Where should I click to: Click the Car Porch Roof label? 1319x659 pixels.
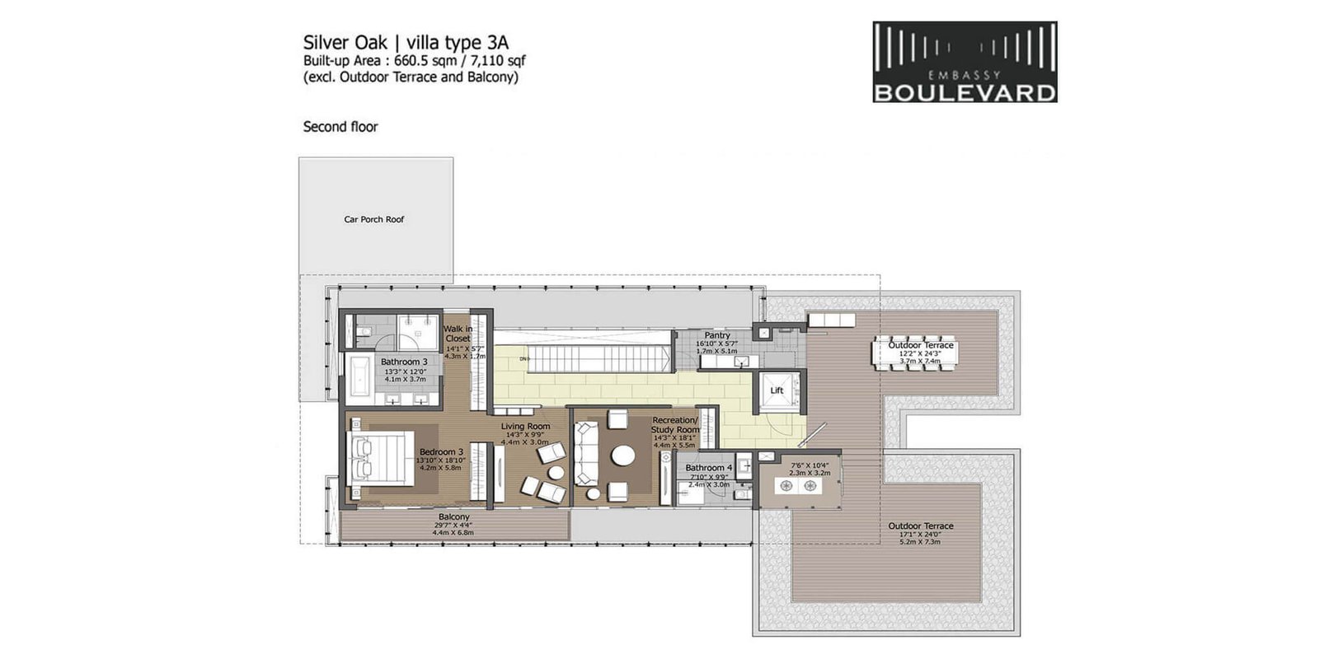(373, 219)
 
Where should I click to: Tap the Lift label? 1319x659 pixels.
(777, 390)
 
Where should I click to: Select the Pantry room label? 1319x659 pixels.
(717, 335)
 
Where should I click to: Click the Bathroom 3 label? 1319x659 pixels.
(404, 362)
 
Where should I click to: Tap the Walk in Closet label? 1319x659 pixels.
(458, 334)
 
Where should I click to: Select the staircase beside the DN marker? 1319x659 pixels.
(594, 358)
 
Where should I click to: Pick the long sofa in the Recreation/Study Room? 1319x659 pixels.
(585, 452)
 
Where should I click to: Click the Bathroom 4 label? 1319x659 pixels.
(708, 467)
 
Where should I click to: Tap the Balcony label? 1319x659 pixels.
(454, 516)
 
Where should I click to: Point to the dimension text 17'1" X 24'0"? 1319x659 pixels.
(920, 534)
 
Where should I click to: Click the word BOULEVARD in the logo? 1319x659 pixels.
(965, 92)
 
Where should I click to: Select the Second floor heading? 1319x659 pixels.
(340, 127)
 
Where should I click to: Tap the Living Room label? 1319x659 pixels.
(525, 427)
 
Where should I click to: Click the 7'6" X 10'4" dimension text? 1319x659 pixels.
(810, 465)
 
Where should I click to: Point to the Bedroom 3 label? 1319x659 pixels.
(441, 451)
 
